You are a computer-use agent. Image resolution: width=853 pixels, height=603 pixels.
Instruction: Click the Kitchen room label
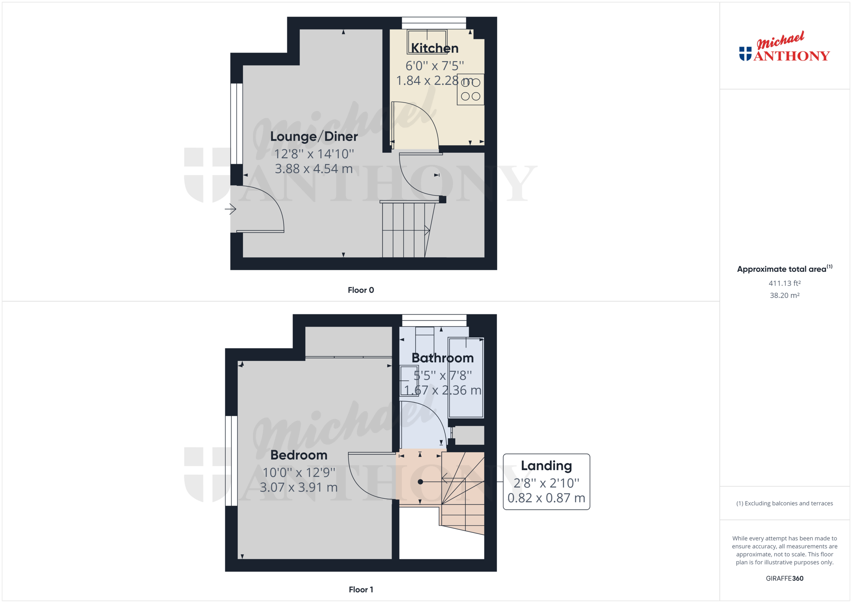(434, 48)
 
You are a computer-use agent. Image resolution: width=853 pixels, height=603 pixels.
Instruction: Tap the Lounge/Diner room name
(313, 136)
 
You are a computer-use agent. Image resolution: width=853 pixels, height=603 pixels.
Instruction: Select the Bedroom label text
(299, 455)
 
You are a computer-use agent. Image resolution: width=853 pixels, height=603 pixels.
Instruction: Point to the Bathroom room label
(442, 358)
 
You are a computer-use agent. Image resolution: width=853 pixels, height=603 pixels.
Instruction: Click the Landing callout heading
(546, 465)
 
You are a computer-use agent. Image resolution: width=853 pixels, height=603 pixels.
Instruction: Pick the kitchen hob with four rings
(470, 89)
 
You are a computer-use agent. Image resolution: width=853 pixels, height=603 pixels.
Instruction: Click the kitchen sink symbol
(427, 41)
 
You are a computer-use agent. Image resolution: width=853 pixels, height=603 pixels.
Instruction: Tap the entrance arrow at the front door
(230, 209)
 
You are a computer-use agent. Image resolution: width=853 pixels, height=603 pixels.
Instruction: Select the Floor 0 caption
(361, 290)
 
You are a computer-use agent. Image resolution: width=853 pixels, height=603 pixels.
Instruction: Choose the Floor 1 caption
(361, 589)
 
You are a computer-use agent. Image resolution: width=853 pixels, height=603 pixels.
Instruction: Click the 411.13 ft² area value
(784, 283)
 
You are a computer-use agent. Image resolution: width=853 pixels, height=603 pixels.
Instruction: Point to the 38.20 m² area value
(784, 295)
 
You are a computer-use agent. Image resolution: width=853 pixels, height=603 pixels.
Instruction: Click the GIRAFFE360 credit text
(784, 578)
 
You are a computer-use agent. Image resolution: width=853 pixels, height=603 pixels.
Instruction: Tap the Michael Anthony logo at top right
(784, 48)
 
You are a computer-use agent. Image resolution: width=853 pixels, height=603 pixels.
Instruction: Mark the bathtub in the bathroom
(466, 378)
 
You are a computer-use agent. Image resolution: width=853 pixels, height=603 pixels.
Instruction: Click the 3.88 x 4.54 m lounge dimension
(313, 169)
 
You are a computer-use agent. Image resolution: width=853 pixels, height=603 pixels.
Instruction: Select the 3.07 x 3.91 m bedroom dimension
(299, 487)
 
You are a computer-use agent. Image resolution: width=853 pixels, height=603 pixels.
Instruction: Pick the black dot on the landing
(420, 482)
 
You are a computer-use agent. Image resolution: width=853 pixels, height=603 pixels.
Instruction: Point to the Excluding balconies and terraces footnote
(784, 503)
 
